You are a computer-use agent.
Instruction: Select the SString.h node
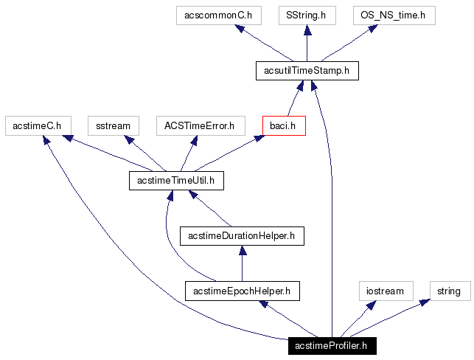click(x=306, y=15)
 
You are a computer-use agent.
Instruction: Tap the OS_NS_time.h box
click(x=393, y=15)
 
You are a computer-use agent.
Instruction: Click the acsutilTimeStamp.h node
click(x=306, y=70)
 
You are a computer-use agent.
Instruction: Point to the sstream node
click(x=113, y=125)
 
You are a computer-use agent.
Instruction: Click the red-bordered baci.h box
click(x=284, y=125)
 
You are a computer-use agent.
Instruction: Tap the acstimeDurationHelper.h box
click(x=242, y=236)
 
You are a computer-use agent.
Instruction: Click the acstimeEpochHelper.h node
click(x=242, y=291)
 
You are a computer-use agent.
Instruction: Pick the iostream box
click(x=386, y=291)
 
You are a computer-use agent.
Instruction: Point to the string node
click(x=448, y=291)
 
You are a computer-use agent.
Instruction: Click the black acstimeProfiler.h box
click(x=332, y=345)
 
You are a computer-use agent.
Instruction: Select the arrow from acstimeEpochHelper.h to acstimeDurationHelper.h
click(x=242, y=263)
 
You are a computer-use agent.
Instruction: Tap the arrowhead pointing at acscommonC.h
click(x=235, y=29)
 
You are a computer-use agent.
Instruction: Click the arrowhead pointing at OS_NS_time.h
click(x=374, y=29)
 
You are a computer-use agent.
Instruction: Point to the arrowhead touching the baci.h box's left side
click(x=259, y=138)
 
